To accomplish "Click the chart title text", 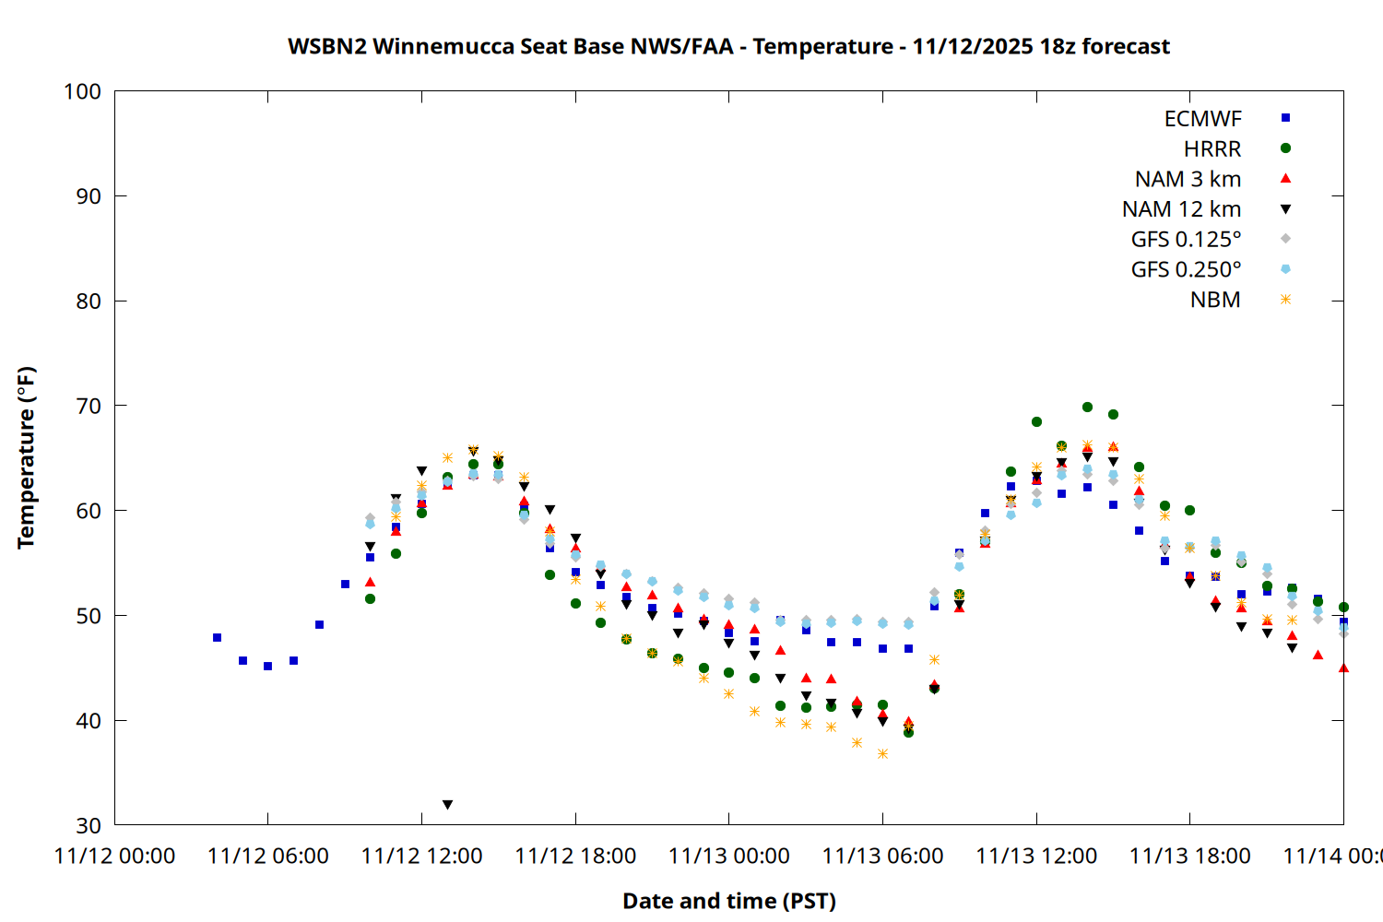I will (728, 46).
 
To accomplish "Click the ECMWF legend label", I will (1202, 119).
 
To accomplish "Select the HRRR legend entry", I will (1212, 149).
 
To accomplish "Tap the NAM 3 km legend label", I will (1188, 179).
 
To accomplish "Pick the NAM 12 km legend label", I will (1181, 209).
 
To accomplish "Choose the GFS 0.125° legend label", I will (1186, 240).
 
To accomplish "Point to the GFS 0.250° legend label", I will (1186, 270).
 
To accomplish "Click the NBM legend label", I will (1215, 300).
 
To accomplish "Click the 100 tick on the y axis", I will (82, 91).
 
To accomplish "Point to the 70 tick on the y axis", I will (89, 406).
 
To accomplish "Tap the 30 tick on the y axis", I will (89, 825).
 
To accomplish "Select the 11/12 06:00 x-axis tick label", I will (268, 857).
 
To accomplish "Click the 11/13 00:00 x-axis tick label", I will (729, 857).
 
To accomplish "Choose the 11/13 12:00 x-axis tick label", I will (1036, 857).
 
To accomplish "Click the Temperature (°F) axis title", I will (26, 457).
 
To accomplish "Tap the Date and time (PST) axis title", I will (728, 901).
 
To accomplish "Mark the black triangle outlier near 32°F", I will (447, 805).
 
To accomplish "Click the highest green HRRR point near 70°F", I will (1087, 407).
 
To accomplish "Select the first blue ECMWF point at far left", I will (217, 637).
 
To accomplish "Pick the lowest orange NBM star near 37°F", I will (882, 753).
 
